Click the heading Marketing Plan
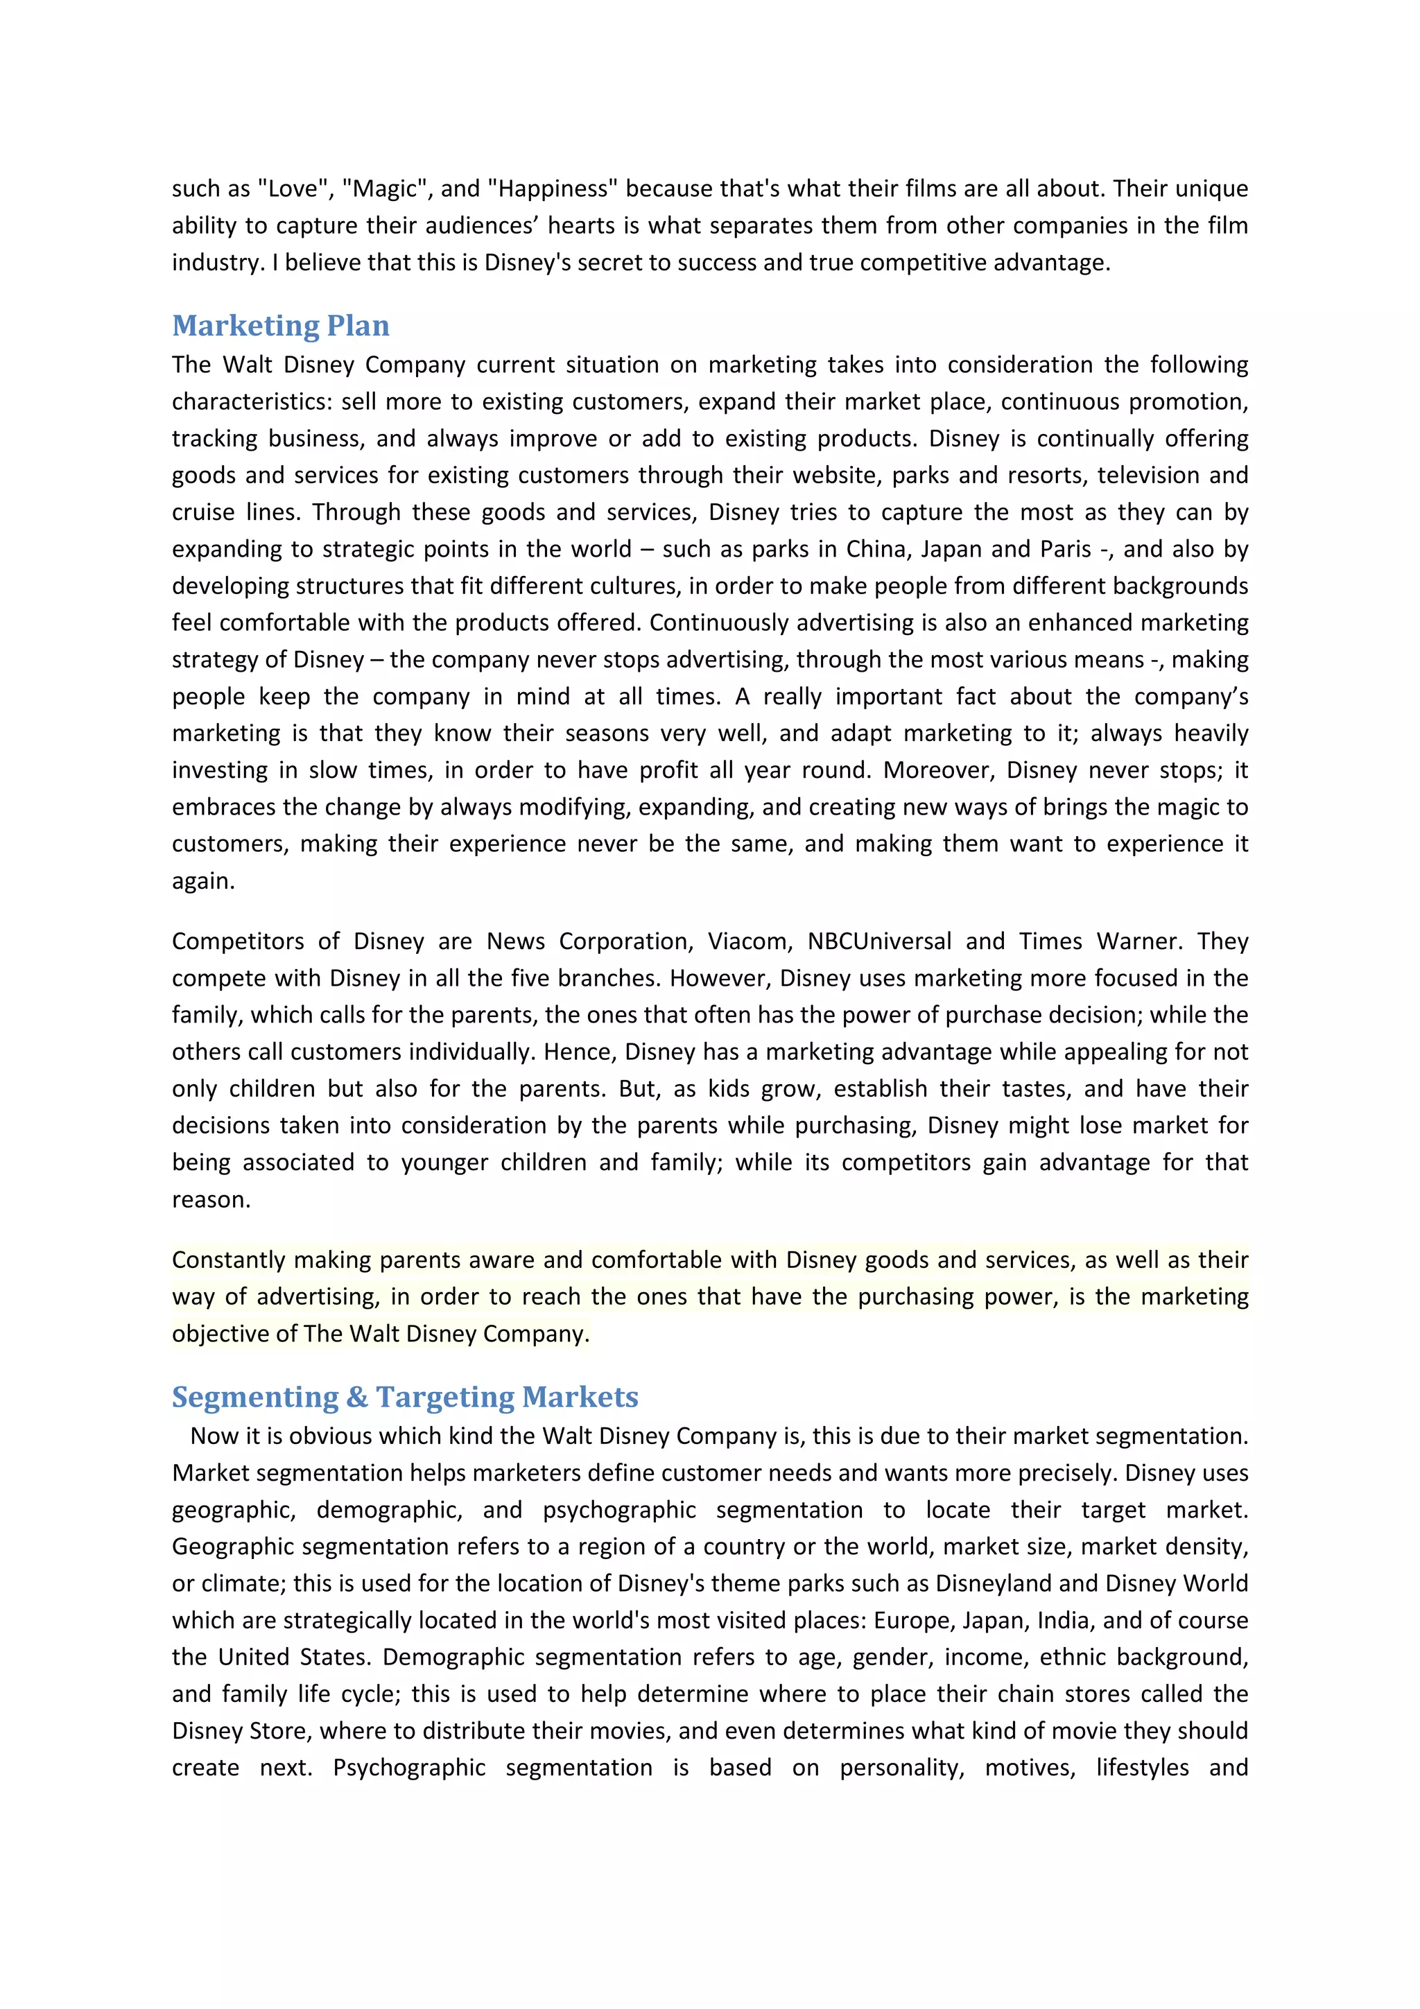coord(280,326)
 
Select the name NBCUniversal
coord(878,941)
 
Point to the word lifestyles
coord(1142,1768)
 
